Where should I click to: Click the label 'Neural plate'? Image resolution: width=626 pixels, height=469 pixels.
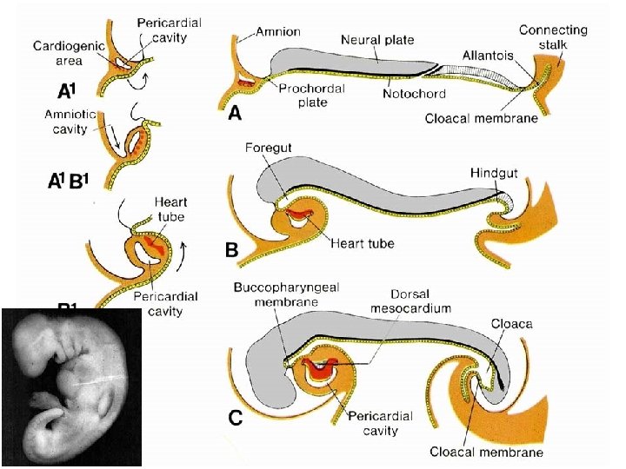(x=377, y=40)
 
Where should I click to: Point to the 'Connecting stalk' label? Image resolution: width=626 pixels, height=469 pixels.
(x=552, y=37)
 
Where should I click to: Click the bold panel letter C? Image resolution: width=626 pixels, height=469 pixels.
(x=235, y=419)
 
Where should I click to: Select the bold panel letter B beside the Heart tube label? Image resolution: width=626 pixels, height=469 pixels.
(x=232, y=250)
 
